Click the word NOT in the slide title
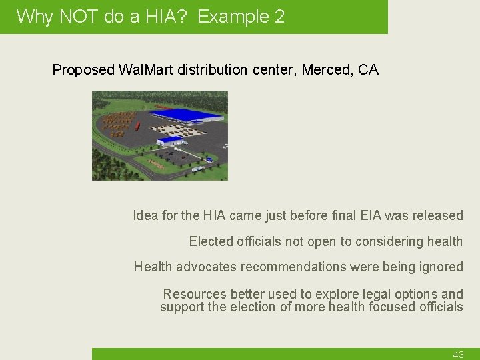click(80, 17)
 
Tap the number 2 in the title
click(279, 17)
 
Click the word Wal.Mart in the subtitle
click(146, 70)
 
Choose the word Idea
click(145, 215)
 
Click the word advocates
click(205, 267)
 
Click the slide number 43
click(458, 355)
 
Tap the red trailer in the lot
click(137, 125)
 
